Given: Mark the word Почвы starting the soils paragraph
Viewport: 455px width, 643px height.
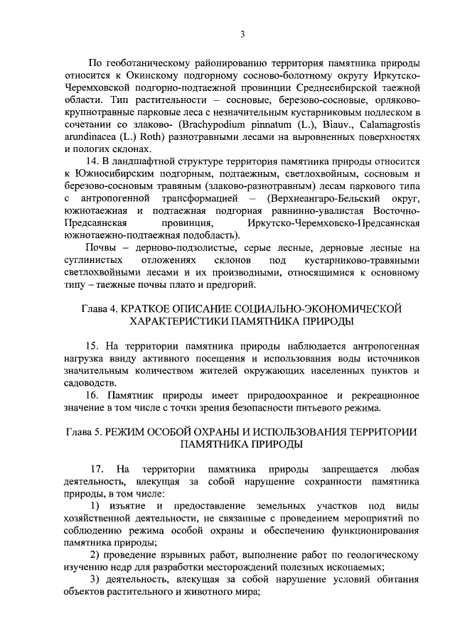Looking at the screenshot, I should [x=101, y=247].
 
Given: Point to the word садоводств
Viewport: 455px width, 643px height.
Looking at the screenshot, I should [x=91, y=383].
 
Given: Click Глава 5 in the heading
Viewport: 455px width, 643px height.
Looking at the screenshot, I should [x=86, y=432].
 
